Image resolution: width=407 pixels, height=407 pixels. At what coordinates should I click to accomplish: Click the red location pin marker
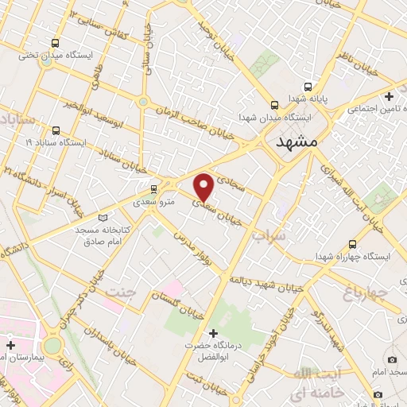click(x=203, y=185)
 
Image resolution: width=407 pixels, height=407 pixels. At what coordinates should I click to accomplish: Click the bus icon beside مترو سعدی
click(x=153, y=189)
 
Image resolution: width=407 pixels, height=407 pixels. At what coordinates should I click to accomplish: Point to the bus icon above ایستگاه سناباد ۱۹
click(x=55, y=130)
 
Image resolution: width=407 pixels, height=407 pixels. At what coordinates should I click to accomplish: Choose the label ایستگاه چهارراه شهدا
click(x=352, y=257)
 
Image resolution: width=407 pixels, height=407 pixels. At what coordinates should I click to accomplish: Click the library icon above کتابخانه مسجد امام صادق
click(x=101, y=216)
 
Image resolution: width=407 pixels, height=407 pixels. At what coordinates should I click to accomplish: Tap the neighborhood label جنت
click(x=122, y=291)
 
